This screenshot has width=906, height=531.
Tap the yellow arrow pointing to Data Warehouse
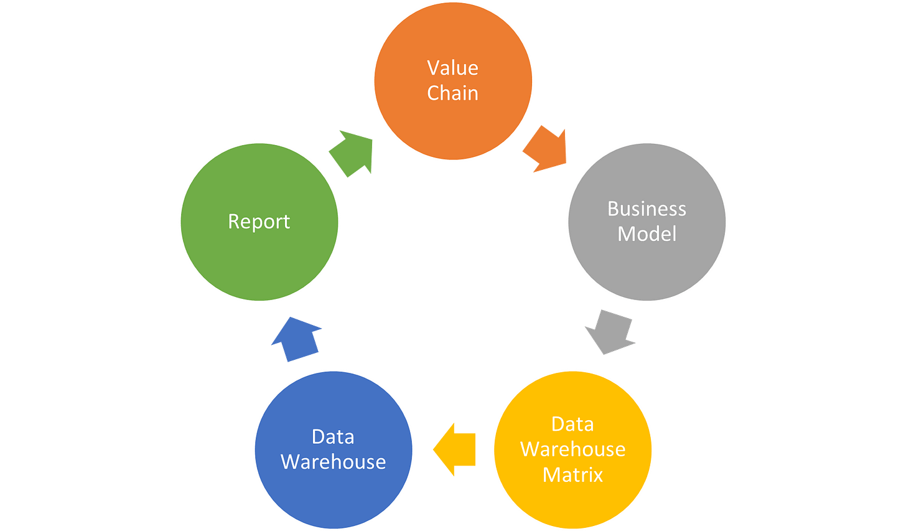[x=454, y=449]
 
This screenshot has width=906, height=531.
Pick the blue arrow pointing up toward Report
[x=296, y=339]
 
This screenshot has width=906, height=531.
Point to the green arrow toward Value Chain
[x=351, y=153]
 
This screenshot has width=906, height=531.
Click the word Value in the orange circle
[x=452, y=68]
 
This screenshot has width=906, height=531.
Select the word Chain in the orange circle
[x=452, y=93]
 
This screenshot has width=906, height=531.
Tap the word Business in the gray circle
[x=647, y=209]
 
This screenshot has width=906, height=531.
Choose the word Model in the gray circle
[x=647, y=234]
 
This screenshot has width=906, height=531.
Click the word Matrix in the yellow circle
[x=572, y=475]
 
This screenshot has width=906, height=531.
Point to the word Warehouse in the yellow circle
[x=572, y=449]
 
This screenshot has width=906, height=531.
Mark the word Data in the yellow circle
[x=572, y=424]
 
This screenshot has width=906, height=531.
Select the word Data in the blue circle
[x=333, y=437]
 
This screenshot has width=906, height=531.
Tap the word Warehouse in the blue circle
[x=333, y=462]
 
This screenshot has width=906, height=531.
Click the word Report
[x=259, y=222]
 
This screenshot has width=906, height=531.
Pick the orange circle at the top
[x=452, y=125]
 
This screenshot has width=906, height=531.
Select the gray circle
[x=647, y=268]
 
